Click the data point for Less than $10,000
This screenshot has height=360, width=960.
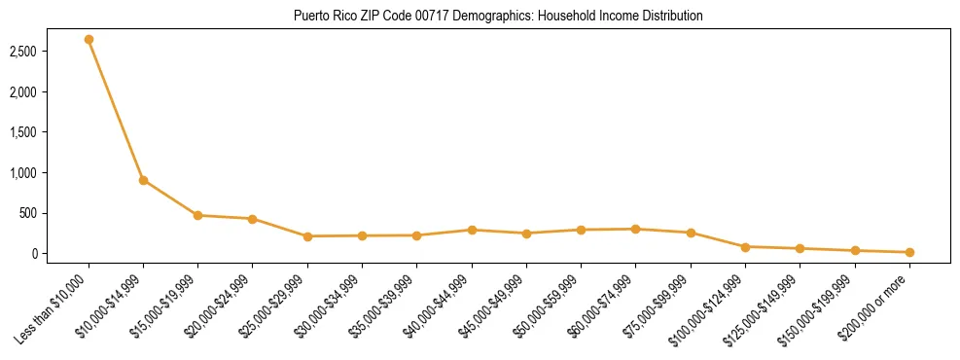(x=89, y=40)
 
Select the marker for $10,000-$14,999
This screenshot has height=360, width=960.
(x=143, y=180)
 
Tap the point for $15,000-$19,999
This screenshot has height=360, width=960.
(x=197, y=215)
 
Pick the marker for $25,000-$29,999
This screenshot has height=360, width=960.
(x=307, y=236)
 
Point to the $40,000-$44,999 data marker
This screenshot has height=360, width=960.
(x=472, y=230)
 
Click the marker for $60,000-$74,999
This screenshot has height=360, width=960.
(x=635, y=229)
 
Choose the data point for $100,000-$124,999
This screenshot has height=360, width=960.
(x=745, y=247)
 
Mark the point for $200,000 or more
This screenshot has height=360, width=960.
(x=909, y=252)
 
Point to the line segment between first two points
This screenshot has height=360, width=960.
(x=116, y=110)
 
